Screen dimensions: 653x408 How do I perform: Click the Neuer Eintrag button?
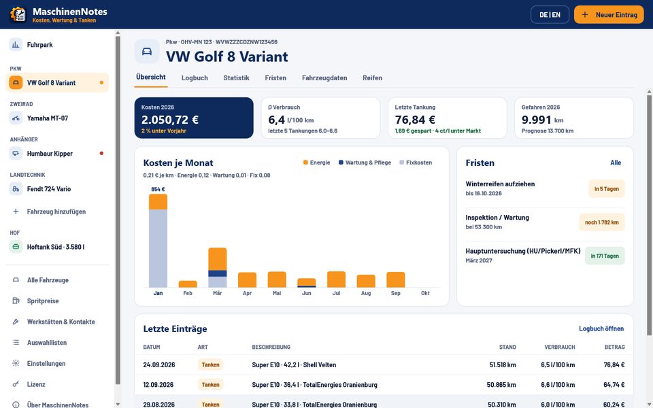click(x=608, y=14)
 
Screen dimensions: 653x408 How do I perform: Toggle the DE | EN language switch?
click(x=550, y=14)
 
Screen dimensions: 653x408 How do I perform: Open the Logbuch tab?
click(x=195, y=78)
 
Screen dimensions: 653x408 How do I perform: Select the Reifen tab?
click(x=372, y=78)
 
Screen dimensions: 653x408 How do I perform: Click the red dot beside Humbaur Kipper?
click(x=101, y=153)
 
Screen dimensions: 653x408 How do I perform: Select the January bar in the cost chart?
click(x=158, y=241)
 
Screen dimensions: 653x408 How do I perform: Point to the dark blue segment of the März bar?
click(x=218, y=273)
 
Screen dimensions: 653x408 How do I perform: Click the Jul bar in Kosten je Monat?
click(x=336, y=279)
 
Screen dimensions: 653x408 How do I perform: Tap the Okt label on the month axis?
click(x=425, y=293)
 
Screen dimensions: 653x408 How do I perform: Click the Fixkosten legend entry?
click(x=416, y=163)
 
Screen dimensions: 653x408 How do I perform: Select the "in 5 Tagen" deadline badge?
click(x=606, y=189)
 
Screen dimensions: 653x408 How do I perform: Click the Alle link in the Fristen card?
click(x=616, y=163)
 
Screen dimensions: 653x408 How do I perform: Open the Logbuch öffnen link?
click(x=601, y=329)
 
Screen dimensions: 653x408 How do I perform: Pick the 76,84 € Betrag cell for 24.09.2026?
click(x=614, y=364)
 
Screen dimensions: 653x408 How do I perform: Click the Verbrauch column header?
click(x=560, y=347)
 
